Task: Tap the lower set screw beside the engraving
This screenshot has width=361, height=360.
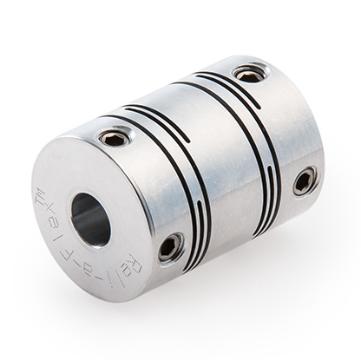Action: point(171,246)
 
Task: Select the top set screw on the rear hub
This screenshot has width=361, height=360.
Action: point(249,75)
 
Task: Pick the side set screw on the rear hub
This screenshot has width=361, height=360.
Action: point(304,180)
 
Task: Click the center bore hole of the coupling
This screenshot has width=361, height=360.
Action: point(90,218)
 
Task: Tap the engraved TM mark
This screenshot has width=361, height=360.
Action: point(41,193)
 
